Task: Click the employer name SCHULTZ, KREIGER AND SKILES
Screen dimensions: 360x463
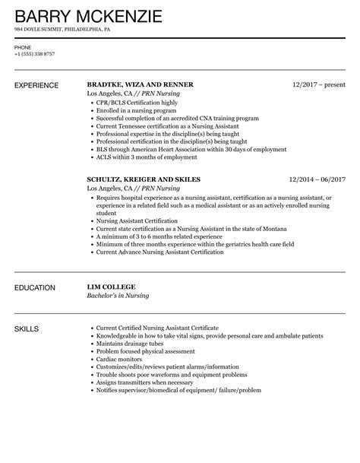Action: coord(144,179)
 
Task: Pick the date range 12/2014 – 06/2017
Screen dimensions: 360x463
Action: coord(317,179)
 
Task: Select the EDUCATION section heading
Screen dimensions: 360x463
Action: coord(35,288)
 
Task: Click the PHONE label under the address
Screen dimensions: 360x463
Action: coord(22,47)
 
